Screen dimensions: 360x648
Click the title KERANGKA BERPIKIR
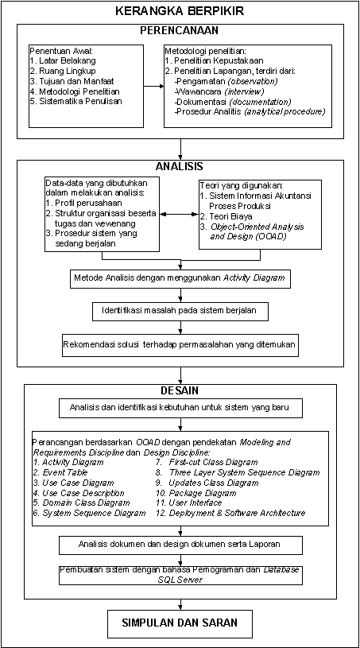pos(180,11)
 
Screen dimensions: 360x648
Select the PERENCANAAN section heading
pos(179,30)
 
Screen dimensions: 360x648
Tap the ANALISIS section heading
pos(179,166)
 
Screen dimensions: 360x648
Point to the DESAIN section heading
pos(179,390)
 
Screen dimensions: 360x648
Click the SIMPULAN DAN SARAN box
pos(180,623)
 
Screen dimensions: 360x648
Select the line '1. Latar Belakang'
pos(63,61)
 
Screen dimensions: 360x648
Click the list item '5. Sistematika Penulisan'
pos(76,101)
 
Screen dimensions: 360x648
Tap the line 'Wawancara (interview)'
pos(219,91)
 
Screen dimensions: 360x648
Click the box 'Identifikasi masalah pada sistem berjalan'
pos(180,310)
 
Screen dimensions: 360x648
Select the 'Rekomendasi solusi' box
pos(180,343)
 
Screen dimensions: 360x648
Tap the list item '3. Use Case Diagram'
pos(74,483)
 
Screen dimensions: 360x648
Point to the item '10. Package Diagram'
pos(196,493)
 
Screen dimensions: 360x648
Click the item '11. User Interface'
pos(189,503)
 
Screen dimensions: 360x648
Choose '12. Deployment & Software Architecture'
pos(230,513)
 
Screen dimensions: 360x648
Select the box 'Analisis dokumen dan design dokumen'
pos(180,545)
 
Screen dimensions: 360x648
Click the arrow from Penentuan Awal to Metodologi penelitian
pos(153,87)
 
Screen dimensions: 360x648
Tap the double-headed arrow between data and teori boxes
pos(179,215)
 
